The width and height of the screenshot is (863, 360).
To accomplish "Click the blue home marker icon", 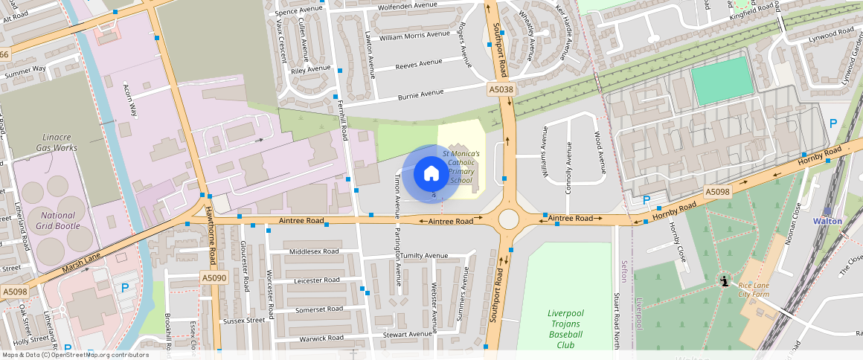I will [431, 174].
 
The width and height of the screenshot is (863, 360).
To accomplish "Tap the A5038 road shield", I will [501, 89].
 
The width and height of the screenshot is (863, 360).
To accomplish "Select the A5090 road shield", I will [214, 278].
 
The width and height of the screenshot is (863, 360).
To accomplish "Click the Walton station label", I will [827, 221].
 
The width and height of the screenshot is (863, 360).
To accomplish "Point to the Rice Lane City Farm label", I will [753, 289].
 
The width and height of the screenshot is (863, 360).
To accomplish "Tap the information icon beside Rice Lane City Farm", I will [724, 282].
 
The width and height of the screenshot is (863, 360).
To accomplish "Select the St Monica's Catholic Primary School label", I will [461, 167].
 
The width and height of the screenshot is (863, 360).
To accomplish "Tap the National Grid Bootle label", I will [57, 220].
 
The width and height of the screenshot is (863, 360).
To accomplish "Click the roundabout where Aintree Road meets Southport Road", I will [509, 219].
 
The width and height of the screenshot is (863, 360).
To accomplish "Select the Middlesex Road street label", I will [313, 251].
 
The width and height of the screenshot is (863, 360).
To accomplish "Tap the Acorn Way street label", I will [130, 100].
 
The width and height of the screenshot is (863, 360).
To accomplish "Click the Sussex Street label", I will [244, 321].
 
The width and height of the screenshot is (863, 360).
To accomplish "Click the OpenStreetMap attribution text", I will [75, 355].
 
